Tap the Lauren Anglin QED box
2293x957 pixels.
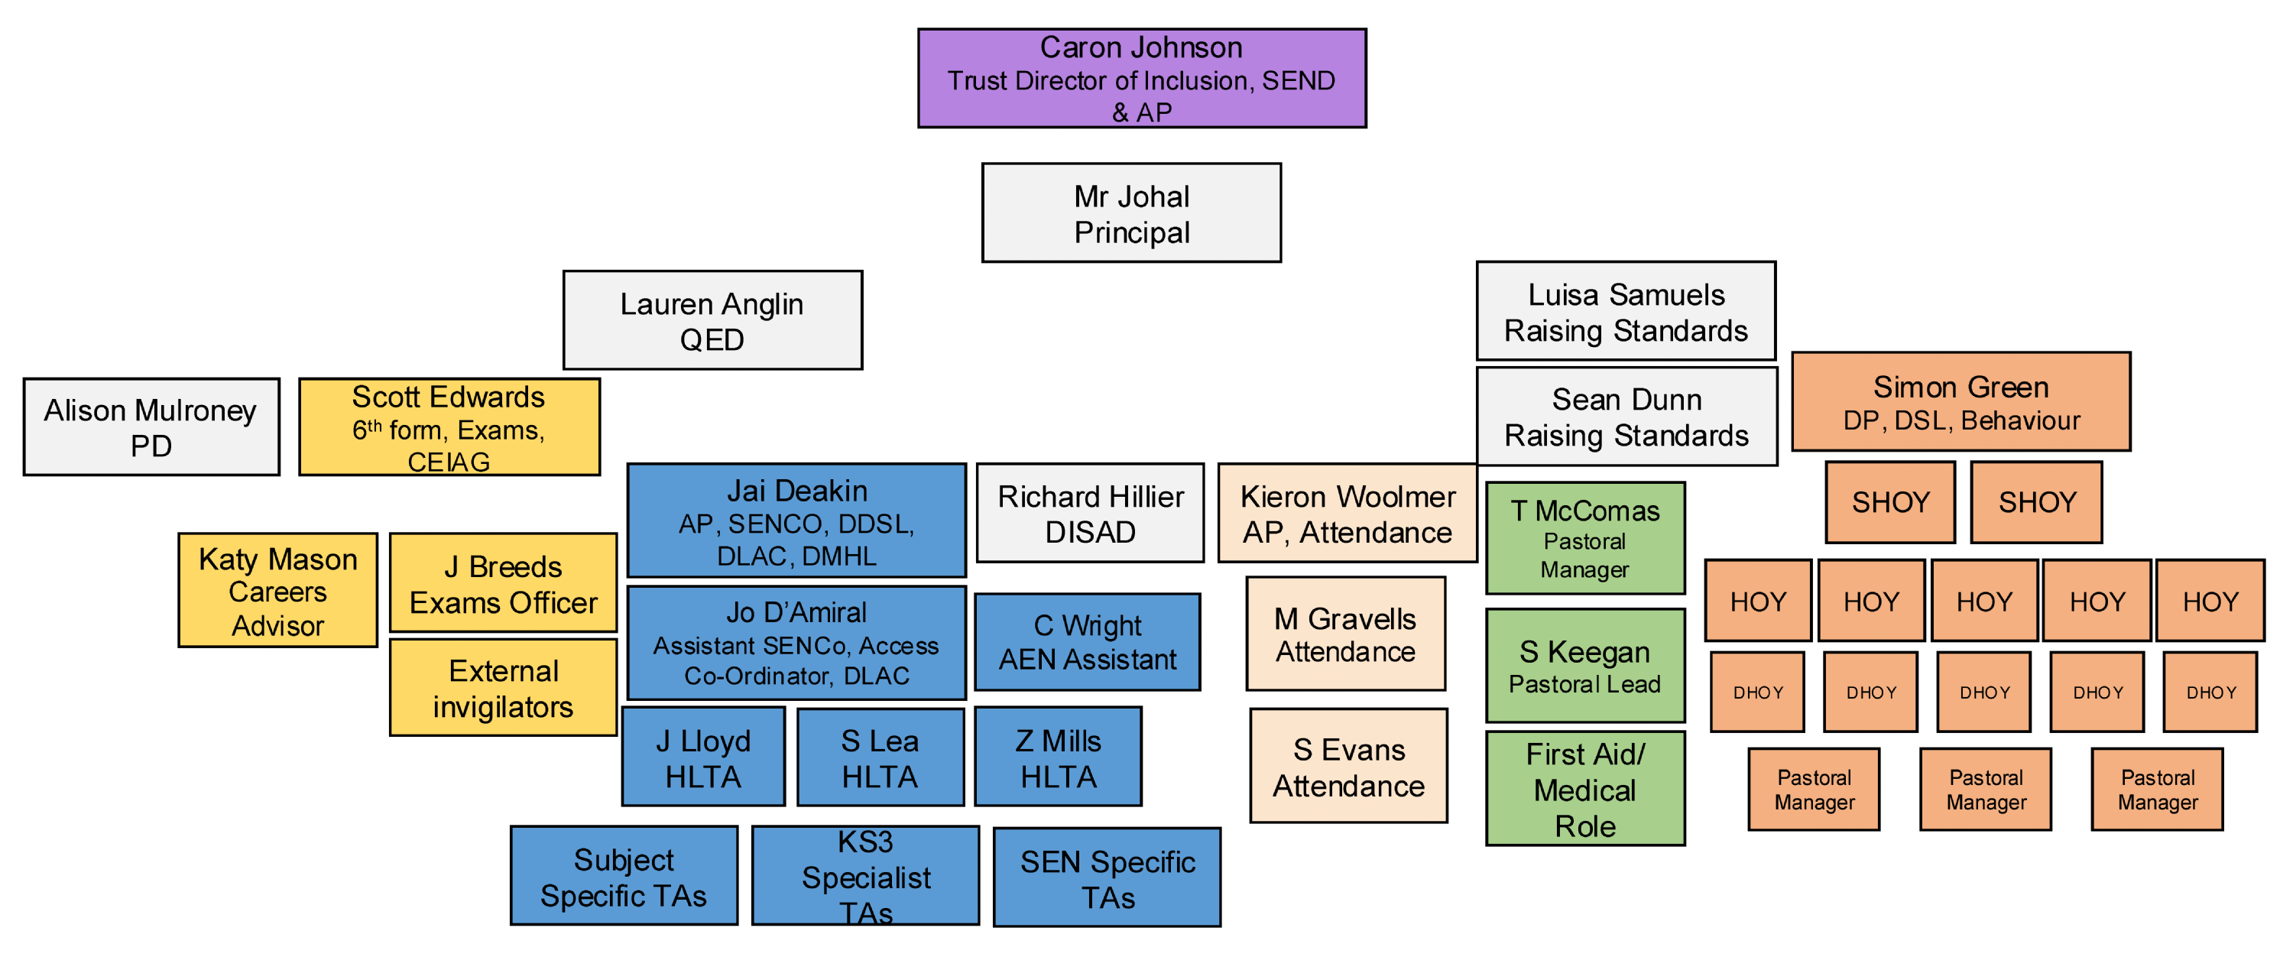[x=712, y=320]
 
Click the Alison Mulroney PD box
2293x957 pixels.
[x=151, y=427]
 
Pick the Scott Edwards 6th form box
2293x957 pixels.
[x=449, y=427]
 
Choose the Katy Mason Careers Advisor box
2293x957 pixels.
[x=277, y=591]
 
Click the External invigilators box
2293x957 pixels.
[x=503, y=687]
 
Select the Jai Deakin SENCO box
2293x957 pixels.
[x=796, y=521]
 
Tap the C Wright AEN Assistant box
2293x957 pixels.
[x=1087, y=642]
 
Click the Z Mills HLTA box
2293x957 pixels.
[x=1058, y=757]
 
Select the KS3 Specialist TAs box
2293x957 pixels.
[x=865, y=876]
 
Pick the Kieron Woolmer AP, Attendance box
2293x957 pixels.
[x=1347, y=514]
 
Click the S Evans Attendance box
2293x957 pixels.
[x=1348, y=767]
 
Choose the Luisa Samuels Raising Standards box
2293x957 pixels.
[x=1626, y=312]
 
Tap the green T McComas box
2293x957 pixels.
[x=1584, y=539]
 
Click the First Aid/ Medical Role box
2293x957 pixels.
[x=1584, y=789]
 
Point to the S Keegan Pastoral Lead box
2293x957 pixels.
[x=1584, y=666]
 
